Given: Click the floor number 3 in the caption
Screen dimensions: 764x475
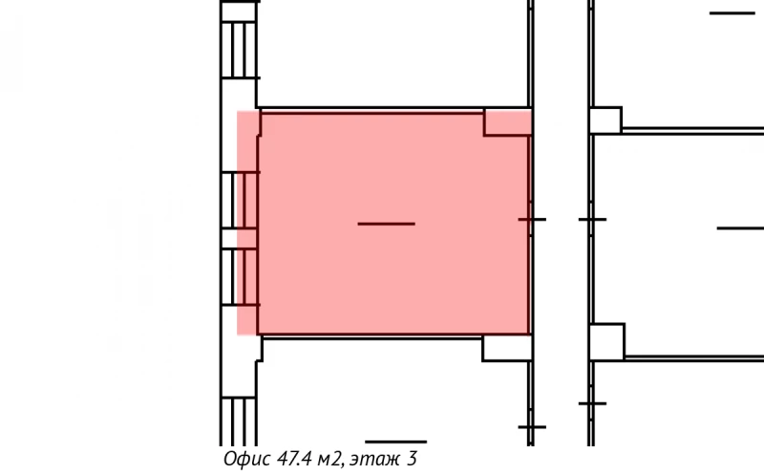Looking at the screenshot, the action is (x=412, y=459).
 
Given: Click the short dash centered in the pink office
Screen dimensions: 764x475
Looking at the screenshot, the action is (x=387, y=224).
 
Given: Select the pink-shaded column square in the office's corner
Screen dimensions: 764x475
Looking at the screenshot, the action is (x=507, y=122).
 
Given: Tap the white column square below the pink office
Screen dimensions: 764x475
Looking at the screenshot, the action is (x=507, y=348).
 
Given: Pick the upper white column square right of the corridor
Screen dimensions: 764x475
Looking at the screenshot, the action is (x=605, y=120).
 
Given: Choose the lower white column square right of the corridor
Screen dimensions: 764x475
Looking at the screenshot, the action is (x=606, y=341).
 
